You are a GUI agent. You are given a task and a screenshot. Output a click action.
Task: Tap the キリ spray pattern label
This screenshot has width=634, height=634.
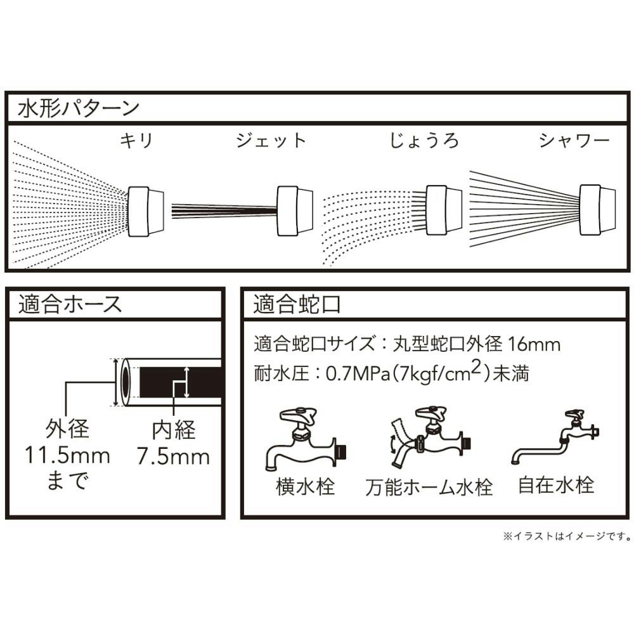click(x=137, y=140)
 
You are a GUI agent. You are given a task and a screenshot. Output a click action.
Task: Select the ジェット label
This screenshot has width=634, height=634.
click(x=271, y=140)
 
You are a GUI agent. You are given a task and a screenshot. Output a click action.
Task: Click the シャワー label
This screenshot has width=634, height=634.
click(x=574, y=140)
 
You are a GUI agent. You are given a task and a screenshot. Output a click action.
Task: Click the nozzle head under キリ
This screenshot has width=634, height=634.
click(x=147, y=211)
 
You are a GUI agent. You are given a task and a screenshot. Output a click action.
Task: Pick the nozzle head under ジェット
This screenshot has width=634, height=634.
click(x=296, y=211)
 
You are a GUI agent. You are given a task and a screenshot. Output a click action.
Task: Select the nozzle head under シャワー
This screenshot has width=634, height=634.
click(x=598, y=211)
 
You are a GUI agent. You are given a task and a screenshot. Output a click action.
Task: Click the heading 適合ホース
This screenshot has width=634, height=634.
click(x=70, y=304)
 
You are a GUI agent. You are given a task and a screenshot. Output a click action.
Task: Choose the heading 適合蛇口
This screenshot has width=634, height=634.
click(x=297, y=304)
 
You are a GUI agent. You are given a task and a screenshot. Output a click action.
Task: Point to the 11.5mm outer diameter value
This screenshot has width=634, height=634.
click(x=67, y=455)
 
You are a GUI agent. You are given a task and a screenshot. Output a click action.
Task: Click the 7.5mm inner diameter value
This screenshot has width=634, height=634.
click(x=174, y=456)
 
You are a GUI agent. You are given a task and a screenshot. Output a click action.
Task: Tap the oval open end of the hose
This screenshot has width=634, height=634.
click(x=124, y=382)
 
